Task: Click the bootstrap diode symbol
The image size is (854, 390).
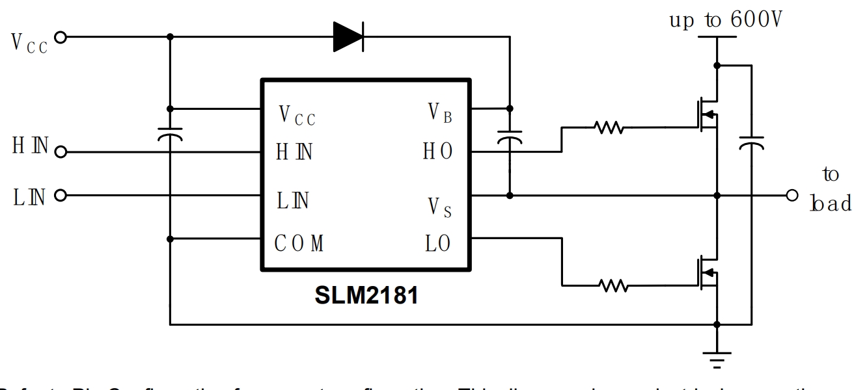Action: [348, 36]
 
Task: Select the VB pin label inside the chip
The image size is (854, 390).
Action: [440, 113]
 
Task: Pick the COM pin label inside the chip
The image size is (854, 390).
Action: [299, 245]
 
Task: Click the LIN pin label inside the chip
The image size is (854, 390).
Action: [293, 200]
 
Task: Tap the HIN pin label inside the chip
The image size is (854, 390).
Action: [294, 153]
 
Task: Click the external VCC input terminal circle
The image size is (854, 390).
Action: [61, 37]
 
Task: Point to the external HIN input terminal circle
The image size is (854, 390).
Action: [61, 153]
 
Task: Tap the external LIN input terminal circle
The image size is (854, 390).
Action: [61, 195]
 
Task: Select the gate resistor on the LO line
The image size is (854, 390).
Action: [612, 284]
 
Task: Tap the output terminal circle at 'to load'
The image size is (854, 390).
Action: [792, 195]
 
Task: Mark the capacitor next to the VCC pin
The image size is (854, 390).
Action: [170, 135]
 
